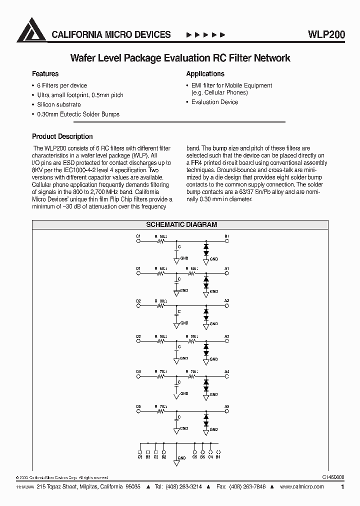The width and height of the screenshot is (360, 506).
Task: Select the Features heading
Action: tap(45, 73)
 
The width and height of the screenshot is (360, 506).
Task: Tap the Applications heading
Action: tap(205, 73)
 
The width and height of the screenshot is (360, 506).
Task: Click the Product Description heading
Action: tap(62, 136)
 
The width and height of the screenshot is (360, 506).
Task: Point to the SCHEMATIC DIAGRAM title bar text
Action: tap(181, 224)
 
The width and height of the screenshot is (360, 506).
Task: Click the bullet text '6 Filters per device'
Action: tap(62, 85)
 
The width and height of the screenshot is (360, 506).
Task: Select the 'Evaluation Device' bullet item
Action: tap(214, 102)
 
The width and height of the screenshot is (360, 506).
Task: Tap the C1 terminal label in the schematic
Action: tap(138, 235)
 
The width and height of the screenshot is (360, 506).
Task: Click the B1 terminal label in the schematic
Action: tap(226, 235)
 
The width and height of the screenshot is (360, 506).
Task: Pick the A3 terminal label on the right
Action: tap(226, 336)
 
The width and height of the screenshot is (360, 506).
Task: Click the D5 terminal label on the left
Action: tap(138, 406)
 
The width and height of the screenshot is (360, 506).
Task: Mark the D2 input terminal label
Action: tap(138, 301)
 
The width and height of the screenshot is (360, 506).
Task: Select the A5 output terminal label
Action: tap(226, 406)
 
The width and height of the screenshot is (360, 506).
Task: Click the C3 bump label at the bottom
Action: tap(140, 457)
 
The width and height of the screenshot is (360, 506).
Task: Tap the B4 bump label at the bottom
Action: tap(218, 457)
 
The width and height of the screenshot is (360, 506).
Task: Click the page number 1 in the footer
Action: tap(342, 487)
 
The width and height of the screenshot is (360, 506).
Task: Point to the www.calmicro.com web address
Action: tap(302, 487)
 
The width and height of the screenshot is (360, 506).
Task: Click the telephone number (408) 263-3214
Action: tap(185, 487)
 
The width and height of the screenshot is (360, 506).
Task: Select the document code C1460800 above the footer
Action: tap(330, 478)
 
